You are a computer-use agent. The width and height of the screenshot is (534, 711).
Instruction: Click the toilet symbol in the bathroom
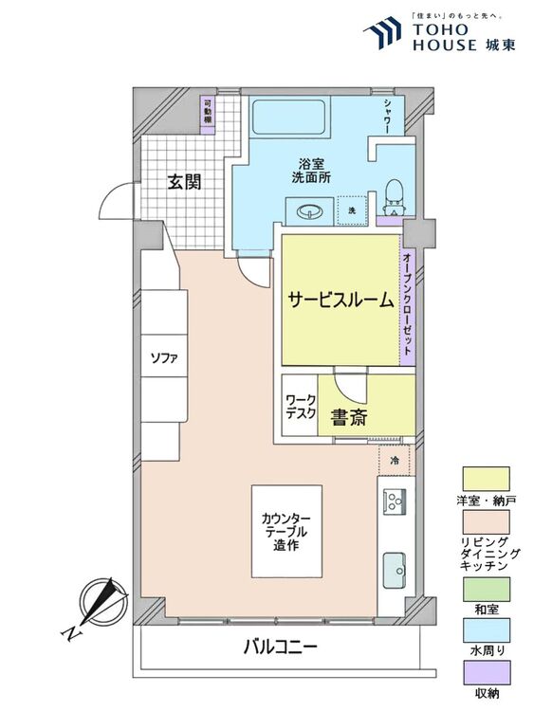[393, 198]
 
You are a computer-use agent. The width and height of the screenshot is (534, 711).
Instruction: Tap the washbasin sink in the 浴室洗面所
[310, 210]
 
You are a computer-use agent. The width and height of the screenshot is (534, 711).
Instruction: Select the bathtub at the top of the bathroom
[288, 117]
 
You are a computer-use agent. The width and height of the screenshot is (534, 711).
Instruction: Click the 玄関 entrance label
[184, 182]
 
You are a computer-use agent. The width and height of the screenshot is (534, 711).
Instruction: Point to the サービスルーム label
[341, 300]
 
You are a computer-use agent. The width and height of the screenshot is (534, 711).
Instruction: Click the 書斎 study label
[348, 418]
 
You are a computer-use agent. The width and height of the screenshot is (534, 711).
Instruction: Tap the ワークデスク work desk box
[300, 406]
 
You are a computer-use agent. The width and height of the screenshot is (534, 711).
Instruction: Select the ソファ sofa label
[164, 358]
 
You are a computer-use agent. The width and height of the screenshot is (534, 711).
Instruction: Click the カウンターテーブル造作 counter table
[286, 531]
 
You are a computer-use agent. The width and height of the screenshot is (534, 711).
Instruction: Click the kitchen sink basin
[395, 570]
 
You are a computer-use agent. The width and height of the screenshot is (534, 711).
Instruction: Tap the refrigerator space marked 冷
[396, 460]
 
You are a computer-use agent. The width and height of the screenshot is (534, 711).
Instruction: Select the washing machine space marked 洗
[352, 210]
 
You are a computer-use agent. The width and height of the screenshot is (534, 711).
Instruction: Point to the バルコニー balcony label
[280, 647]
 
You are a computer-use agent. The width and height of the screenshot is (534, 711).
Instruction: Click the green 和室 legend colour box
[486, 589]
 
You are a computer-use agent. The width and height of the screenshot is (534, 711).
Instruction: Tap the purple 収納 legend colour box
[486, 673]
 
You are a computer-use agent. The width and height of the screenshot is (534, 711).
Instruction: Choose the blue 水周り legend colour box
[486, 630]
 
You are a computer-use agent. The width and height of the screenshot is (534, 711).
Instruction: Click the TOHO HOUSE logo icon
[382, 32]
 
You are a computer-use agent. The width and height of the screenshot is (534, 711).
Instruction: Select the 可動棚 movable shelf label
[208, 112]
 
